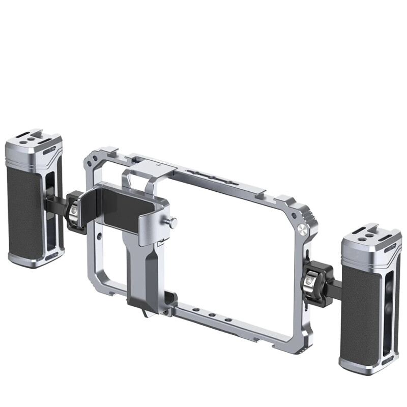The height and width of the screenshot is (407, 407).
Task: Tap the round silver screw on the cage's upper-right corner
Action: pos(302,229)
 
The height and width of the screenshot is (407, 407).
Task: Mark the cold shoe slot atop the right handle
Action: pos(365,231)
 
